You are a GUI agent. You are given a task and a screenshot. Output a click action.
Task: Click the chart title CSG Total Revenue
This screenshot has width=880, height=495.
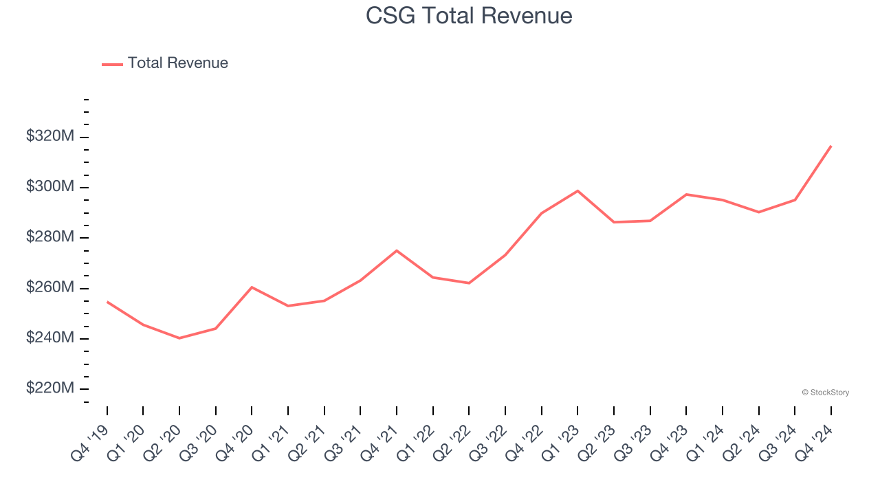click(469, 15)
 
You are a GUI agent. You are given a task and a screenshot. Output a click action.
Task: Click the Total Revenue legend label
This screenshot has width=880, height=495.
click(177, 63)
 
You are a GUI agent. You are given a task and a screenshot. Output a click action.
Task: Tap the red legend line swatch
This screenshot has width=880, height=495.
click(112, 64)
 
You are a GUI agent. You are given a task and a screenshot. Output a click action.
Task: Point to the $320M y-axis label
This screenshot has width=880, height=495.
click(49, 137)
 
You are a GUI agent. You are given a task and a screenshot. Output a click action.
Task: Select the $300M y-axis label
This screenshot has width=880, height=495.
click(49, 187)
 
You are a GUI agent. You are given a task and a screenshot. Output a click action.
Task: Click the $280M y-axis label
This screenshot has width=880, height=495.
click(49, 237)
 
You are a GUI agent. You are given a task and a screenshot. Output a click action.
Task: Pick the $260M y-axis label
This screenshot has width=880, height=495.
click(49, 287)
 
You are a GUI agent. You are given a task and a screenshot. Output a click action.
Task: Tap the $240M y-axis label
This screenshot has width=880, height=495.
click(49, 338)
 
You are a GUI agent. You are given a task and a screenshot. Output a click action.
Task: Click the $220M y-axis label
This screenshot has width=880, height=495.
click(49, 388)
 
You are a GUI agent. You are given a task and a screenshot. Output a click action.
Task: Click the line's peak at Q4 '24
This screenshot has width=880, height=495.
click(830, 146)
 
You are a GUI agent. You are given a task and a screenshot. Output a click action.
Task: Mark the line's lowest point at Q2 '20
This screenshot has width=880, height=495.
click(179, 338)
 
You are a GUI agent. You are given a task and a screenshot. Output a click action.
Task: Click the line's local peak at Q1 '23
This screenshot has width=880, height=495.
click(577, 190)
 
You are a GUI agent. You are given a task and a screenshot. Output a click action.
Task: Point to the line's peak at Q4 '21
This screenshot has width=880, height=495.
click(397, 250)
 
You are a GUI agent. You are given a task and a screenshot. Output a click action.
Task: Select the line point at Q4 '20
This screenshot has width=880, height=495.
click(252, 287)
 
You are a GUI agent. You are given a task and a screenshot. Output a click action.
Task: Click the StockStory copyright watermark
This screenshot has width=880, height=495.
click(826, 393)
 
